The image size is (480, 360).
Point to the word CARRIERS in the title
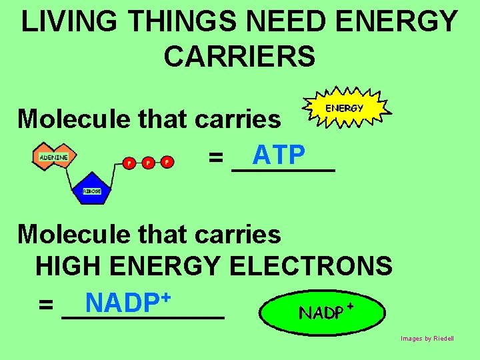tap(239, 57)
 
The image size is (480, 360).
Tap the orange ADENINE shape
tap(53, 157)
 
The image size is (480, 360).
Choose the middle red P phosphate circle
tap(147, 162)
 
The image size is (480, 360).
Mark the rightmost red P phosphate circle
tap(167, 162)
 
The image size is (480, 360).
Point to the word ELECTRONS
tap(311, 267)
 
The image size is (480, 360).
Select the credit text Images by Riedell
tap(427, 339)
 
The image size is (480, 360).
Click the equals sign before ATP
tap(215, 159)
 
